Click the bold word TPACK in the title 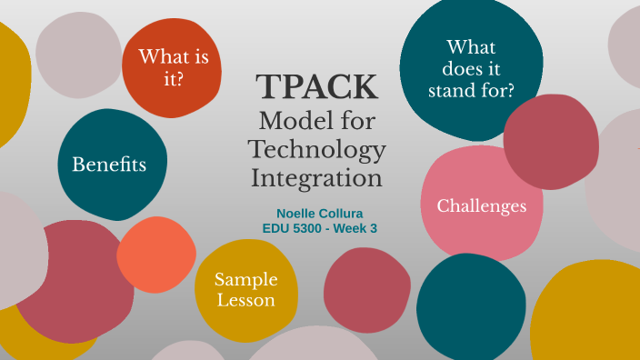tap(316, 87)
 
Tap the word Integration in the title tap(316, 176)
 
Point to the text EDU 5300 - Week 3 tap(319, 228)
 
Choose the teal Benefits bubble tap(109, 165)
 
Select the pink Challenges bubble tap(481, 206)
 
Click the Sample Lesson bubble tap(245, 290)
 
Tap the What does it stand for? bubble tap(470, 68)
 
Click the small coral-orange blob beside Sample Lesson tap(155, 255)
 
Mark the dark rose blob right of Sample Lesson tap(367, 289)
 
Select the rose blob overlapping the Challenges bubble tap(551, 141)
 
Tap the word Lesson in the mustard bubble tap(245, 301)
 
